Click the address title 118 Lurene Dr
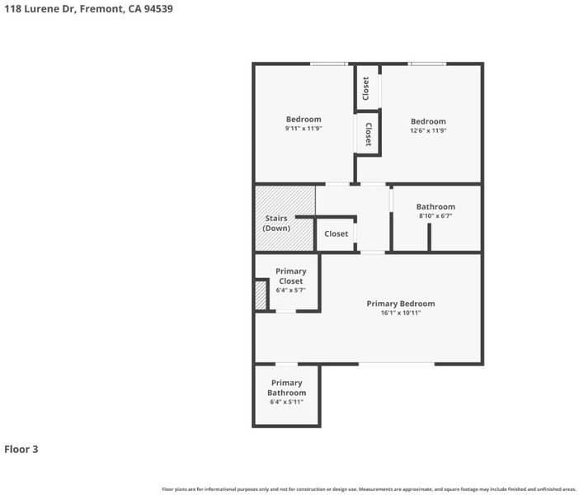(x=40, y=8)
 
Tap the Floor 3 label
(x=21, y=449)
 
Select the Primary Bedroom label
(x=401, y=304)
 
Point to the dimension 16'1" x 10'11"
(x=401, y=313)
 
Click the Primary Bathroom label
(x=286, y=388)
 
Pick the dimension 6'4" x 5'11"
(x=286, y=402)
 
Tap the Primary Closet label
(x=291, y=276)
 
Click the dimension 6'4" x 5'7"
(x=290, y=290)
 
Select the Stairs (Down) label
(x=276, y=223)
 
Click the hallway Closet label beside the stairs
(x=336, y=233)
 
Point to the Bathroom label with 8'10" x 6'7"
(x=435, y=206)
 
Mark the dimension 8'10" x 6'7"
(x=435, y=215)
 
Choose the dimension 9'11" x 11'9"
(x=304, y=129)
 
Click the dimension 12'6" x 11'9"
(x=428, y=130)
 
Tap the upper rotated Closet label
(x=366, y=88)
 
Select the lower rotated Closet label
(x=369, y=134)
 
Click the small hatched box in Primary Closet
(x=261, y=295)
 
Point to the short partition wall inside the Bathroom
(x=429, y=237)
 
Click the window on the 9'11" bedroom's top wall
(x=328, y=64)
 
